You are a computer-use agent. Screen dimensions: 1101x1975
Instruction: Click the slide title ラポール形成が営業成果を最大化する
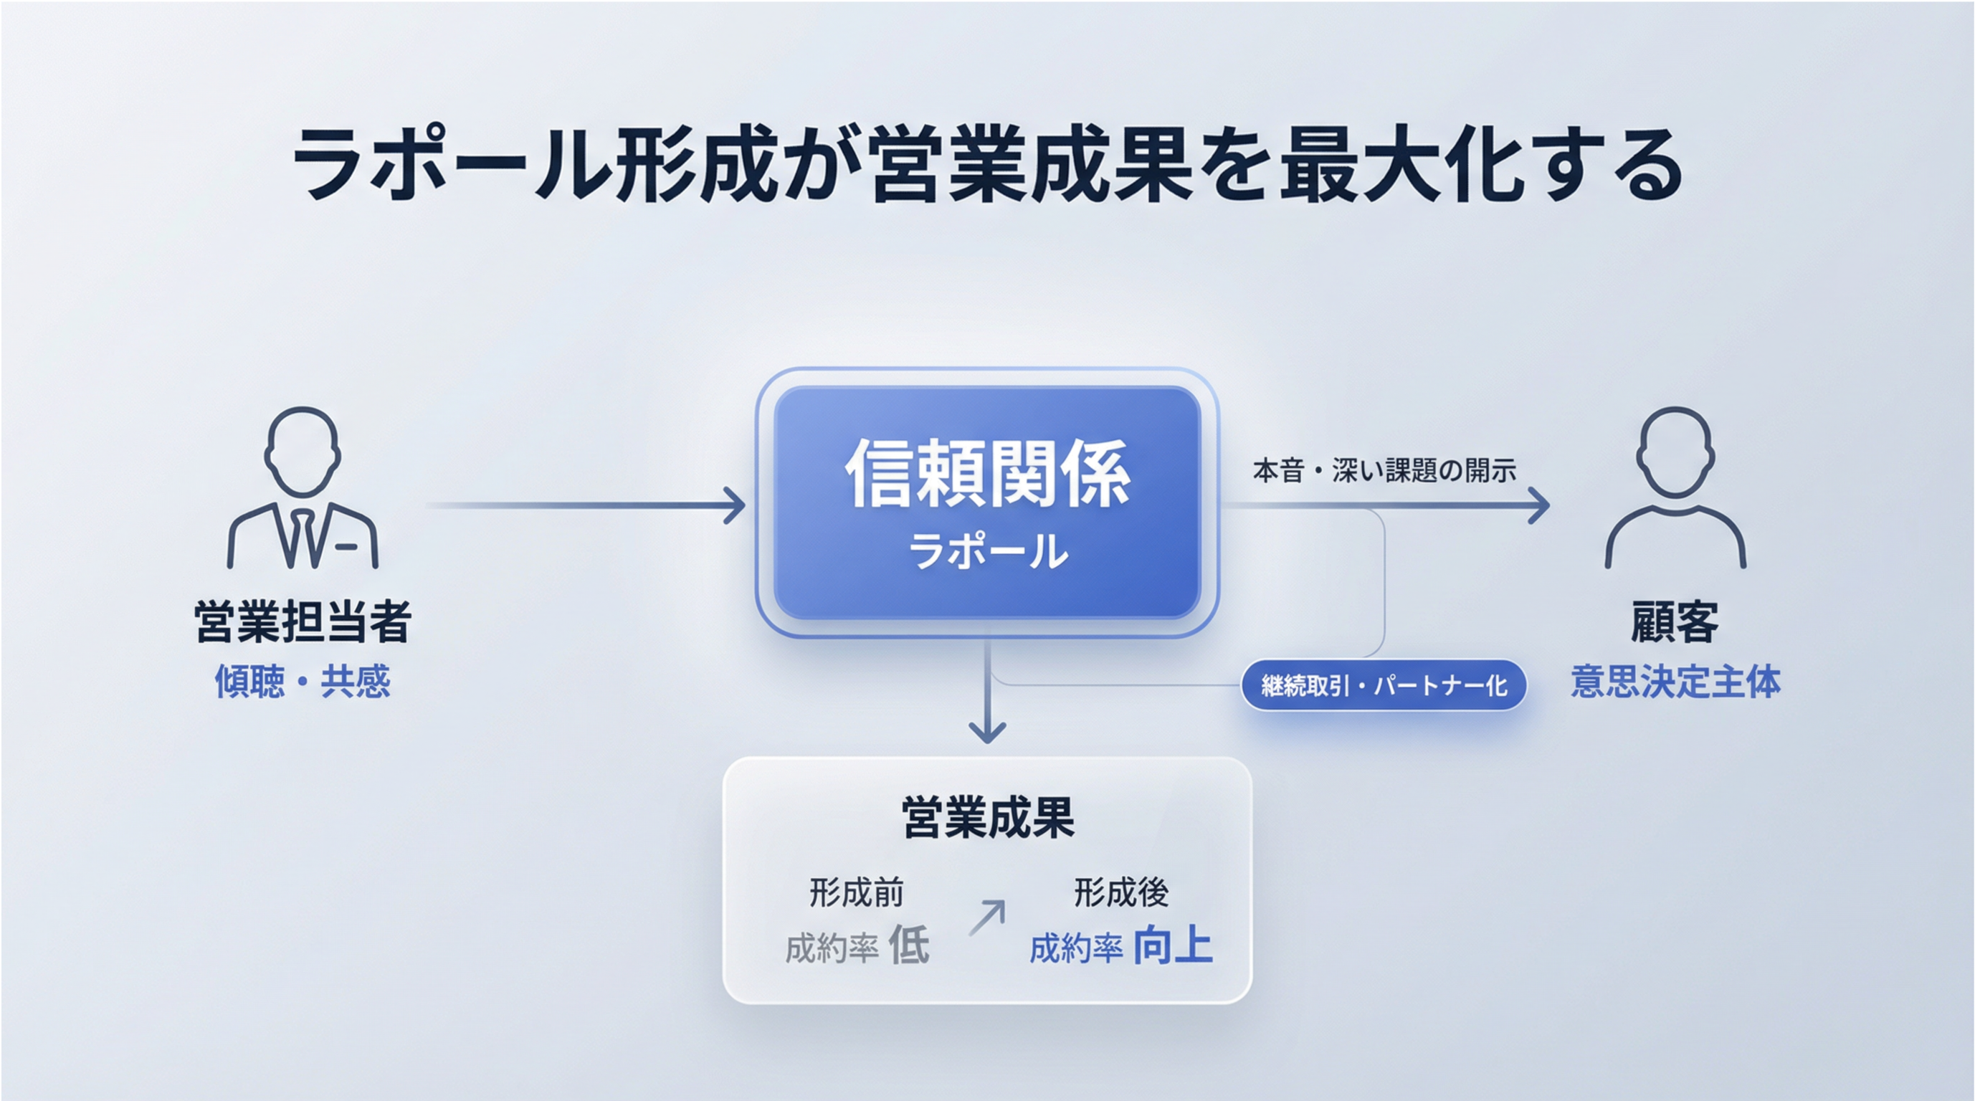point(988,165)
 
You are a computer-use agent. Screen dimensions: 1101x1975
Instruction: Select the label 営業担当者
point(302,621)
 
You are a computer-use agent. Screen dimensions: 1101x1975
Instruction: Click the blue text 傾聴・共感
point(302,681)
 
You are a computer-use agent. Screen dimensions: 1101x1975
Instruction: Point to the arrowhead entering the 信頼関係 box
point(736,506)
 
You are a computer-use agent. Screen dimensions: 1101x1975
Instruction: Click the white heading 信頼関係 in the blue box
point(988,473)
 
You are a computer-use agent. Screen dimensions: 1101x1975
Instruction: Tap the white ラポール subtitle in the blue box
point(988,551)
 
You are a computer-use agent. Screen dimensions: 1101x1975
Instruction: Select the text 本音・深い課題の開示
point(1384,470)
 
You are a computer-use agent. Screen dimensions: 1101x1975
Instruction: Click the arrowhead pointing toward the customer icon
point(1540,506)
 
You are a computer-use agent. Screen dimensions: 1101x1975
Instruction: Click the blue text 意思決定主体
point(1675,681)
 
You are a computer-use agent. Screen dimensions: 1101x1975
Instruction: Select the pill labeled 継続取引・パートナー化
point(1384,685)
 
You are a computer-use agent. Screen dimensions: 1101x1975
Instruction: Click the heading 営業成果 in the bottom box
point(988,818)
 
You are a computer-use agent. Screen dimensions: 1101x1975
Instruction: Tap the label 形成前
point(857,892)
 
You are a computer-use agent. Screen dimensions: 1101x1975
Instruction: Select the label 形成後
point(1121,892)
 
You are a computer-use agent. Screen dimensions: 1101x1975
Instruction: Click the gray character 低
point(909,946)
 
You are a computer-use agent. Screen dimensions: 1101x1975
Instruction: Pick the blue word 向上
point(1173,946)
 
